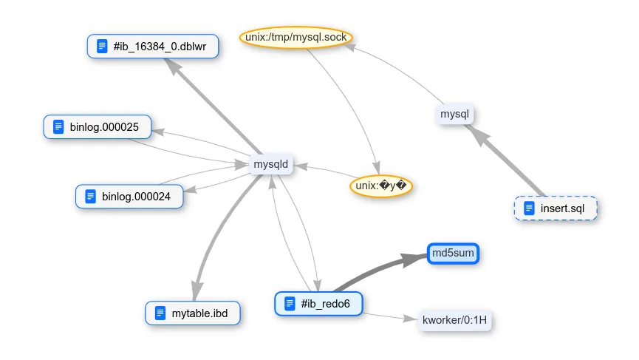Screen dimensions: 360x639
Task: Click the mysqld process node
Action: click(271, 164)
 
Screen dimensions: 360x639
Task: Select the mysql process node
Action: click(455, 115)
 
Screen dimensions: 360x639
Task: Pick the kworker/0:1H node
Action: click(454, 320)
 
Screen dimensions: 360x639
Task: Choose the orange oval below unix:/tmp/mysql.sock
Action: click(380, 186)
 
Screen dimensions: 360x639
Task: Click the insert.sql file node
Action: click(556, 208)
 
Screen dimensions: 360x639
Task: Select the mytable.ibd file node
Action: click(193, 313)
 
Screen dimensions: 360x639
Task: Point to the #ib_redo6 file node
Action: click(319, 303)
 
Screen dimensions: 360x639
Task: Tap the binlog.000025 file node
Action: click(98, 127)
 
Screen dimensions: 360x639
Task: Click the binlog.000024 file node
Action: click(129, 197)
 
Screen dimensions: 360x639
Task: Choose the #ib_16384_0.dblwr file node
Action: click(152, 47)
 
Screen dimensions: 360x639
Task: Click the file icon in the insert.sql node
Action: click(529, 208)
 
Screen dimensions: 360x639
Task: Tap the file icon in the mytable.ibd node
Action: click(160, 313)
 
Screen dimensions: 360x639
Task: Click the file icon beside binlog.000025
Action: click(58, 127)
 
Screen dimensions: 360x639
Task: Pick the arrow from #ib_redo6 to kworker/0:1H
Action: click(384, 316)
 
